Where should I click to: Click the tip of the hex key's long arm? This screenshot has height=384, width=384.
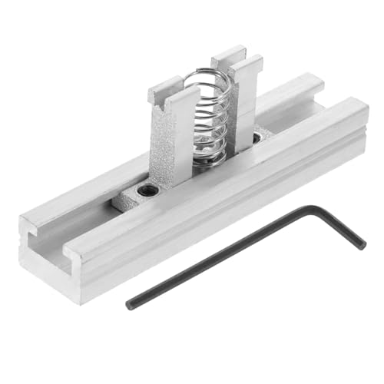tap(130, 304)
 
